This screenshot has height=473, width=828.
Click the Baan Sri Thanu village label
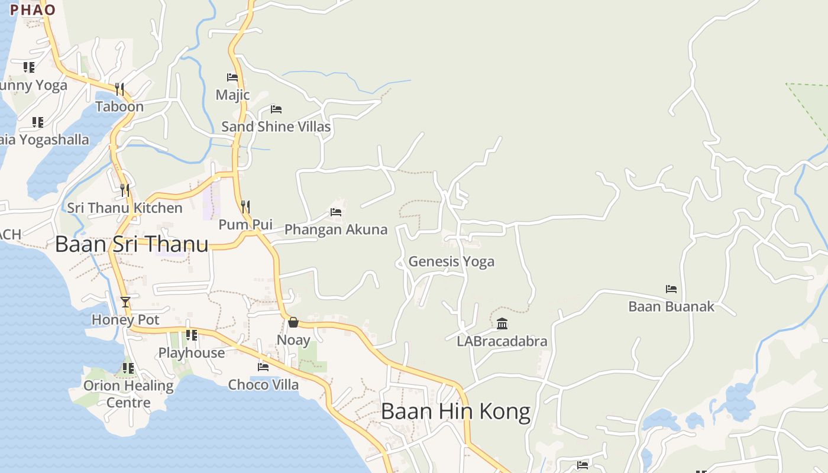pos(131,244)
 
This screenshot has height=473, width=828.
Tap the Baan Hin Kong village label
pos(455,412)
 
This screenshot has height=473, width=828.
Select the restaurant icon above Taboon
pos(119,89)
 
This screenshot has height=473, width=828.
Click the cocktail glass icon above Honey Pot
pos(125,302)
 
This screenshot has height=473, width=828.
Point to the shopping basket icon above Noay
pos(293,322)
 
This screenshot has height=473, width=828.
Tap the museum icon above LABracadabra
pos(502,323)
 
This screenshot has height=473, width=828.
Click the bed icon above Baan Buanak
pos(671,289)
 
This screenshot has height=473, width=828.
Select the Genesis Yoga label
pos(451,261)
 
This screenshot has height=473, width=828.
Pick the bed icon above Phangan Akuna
pos(336,212)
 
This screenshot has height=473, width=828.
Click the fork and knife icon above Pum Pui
pos(245,207)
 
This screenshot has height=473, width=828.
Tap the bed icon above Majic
pos(232,77)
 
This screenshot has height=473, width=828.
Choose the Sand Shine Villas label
pos(276,127)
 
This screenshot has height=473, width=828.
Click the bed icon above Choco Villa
pos(263,367)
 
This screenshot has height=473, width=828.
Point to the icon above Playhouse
pos(192,335)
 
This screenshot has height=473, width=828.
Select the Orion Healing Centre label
pos(128,394)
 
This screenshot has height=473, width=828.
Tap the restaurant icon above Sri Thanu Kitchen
pos(125,190)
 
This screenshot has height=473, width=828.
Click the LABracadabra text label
pos(502,341)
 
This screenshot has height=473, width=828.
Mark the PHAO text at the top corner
pos(33,10)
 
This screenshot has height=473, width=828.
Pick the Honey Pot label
pos(125,320)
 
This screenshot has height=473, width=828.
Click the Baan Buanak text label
pos(671,306)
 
